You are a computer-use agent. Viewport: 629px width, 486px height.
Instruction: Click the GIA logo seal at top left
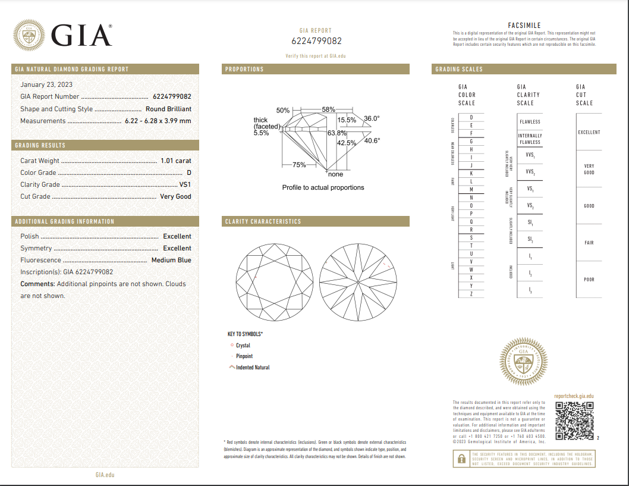click(29, 35)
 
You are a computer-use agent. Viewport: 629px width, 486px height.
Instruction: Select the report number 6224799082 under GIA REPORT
click(316, 41)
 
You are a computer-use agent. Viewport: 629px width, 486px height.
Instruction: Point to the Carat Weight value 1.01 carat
click(175, 161)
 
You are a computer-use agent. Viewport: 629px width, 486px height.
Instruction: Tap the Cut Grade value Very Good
click(175, 196)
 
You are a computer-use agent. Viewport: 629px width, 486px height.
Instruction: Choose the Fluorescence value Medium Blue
click(171, 260)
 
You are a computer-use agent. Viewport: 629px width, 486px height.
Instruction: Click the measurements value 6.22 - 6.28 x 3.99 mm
click(158, 121)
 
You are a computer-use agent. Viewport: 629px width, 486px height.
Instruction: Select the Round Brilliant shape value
click(168, 109)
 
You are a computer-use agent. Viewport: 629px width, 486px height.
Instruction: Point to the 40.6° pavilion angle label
click(372, 141)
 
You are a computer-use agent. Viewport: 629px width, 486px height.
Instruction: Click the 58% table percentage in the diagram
click(328, 110)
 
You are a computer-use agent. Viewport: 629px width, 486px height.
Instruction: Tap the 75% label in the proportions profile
click(299, 165)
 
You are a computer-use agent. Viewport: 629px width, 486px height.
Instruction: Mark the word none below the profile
click(335, 174)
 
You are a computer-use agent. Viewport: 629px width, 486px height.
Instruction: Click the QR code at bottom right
click(574, 421)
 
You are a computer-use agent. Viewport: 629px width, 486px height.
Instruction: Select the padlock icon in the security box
click(460, 459)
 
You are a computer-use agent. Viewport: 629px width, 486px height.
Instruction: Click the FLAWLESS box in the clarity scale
click(530, 122)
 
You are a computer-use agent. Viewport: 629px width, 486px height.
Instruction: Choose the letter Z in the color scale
click(471, 294)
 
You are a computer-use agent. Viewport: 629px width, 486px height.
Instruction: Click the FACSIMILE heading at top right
click(524, 26)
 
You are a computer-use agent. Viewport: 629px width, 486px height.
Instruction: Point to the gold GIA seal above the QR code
click(523, 362)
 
